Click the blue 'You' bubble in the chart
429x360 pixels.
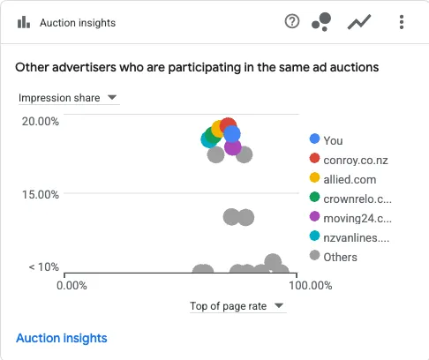tap(232, 134)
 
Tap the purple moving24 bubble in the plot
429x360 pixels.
tap(233, 148)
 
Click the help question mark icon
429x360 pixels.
tap(292, 21)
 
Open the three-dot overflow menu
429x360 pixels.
tap(402, 22)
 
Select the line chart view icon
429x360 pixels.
tap(359, 23)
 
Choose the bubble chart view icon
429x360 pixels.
tap(321, 22)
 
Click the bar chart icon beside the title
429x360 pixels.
tap(24, 22)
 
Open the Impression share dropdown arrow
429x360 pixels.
tap(112, 97)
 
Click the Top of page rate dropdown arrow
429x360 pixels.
tap(279, 305)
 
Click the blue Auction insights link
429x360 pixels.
tap(62, 338)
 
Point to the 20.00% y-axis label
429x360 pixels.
tap(41, 121)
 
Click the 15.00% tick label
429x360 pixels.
tap(41, 194)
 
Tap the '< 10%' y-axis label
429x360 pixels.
tap(43, 267)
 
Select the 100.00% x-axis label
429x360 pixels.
tap(311, 285)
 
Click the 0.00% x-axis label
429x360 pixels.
tap(71, 285)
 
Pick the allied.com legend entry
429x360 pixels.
tap(342, 179)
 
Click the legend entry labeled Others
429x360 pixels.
tap(334, 257)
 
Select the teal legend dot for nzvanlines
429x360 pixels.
tap(314, 236)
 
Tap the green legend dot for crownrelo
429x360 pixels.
tap(314, 197)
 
